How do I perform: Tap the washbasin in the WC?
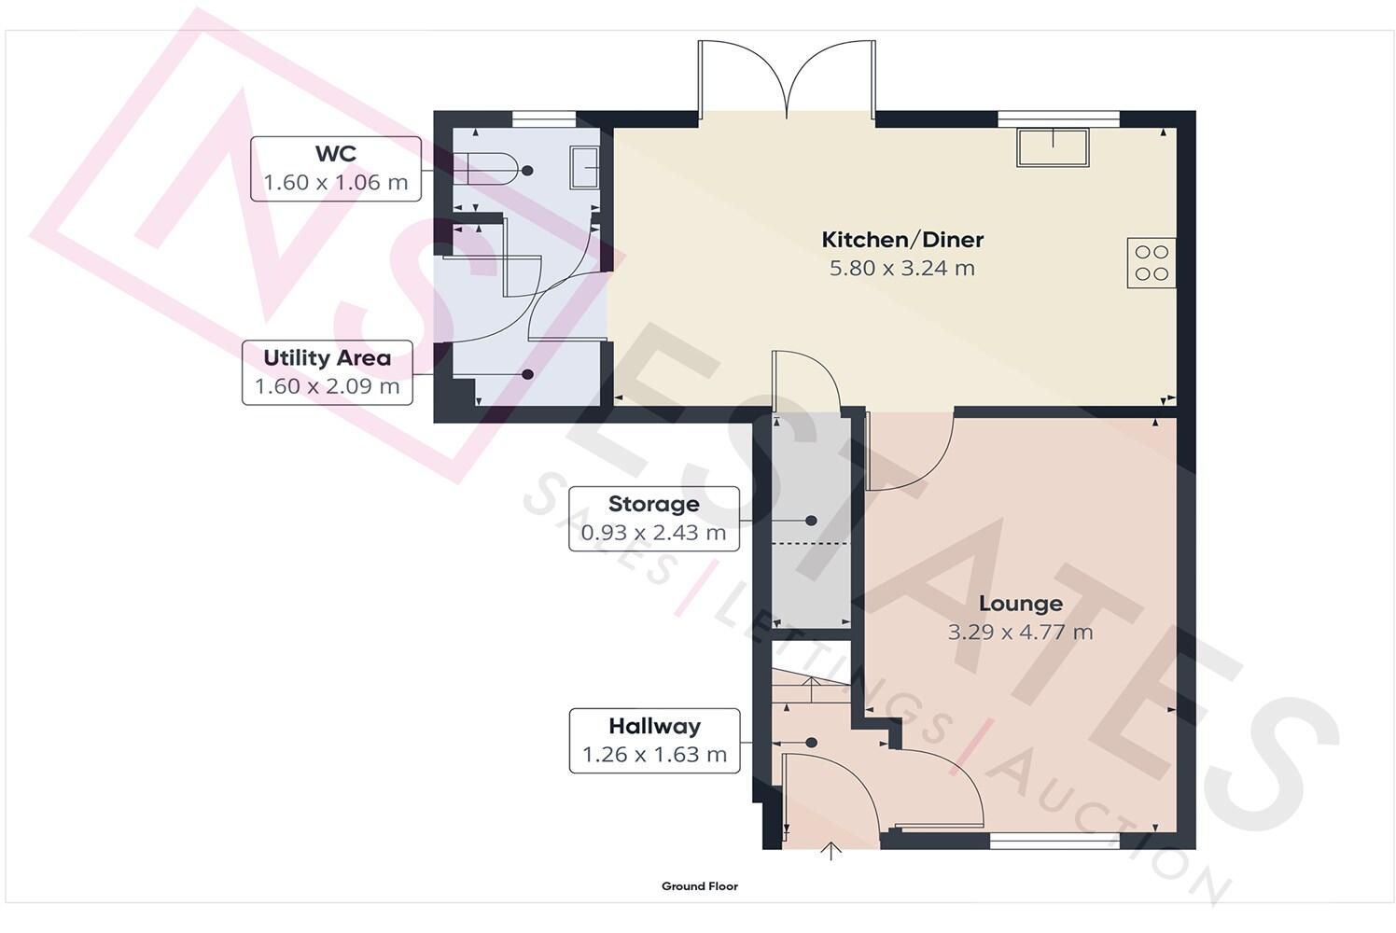[584, 168]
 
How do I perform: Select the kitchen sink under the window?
[1054, 147]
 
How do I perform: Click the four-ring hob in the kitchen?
[1151, 262]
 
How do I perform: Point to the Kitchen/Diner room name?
[902, 240]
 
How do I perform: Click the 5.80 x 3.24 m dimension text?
[902, 269]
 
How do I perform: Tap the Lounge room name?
[1020, 604]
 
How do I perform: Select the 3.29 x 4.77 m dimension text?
[1020, 633]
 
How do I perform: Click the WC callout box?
[335, 169]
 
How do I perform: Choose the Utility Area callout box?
[327, 372]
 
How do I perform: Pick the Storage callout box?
[653, 519]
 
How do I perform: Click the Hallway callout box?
[654, 741]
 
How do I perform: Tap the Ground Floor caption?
[699, 886]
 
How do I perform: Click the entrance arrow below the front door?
[831, 851]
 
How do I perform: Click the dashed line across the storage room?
[810, 543]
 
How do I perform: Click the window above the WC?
[544, 118]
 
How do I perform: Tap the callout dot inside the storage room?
[811, 520]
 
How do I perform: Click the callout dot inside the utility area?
[527, 374]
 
